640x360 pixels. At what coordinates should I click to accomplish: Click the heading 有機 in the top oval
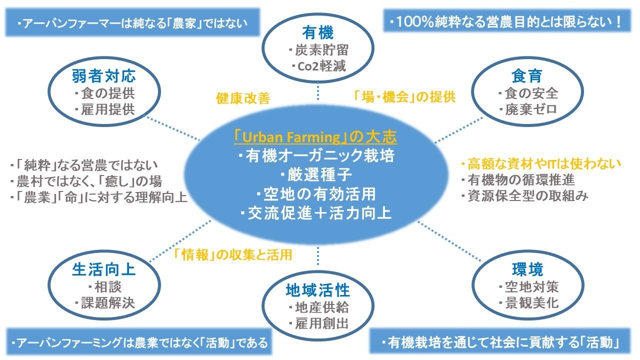tap(317, 33)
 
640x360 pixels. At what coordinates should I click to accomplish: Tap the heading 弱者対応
tap(103, 76)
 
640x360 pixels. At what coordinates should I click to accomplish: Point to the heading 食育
tap(527, 76)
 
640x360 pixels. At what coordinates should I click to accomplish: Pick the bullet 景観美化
tap(528, 303)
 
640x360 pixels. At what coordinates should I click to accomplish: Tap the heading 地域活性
tap(317, 290)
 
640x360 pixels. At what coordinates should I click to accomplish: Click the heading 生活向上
tap(103, 270)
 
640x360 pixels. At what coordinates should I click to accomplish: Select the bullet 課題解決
tap(104, 303)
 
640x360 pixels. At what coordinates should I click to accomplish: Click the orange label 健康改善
tap(243, 98)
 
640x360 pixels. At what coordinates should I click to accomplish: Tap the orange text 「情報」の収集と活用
tap(232, 255)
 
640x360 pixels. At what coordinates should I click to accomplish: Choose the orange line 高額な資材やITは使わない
tap(540, 163)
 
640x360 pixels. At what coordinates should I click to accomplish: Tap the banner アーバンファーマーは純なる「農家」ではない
tap(132, 23)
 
